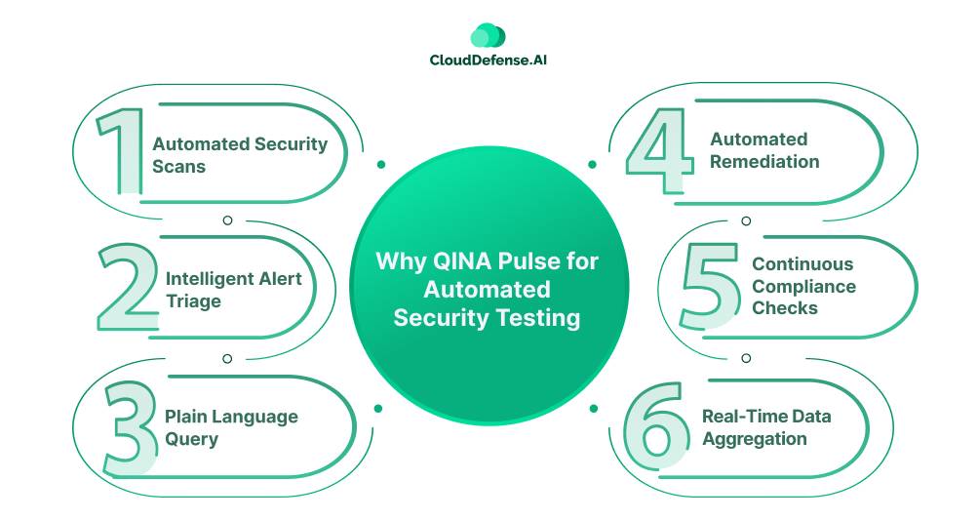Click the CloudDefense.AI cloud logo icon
[488, 35]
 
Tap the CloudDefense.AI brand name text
[488, 60]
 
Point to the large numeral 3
[131, 428]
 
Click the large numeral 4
[660, 150]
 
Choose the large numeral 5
[709, 286]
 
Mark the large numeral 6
[656, 426]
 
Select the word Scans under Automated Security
[179, 167]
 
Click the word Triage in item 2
[193, 301]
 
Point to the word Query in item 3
[191, 439]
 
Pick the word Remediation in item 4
[764, 162]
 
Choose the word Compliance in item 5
[804, 287]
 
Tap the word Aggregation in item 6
[755, 439]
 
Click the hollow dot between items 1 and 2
[227, 220]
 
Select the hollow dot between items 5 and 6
[746, 358]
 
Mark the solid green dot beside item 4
[593, 165]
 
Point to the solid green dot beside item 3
[378, 408]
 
